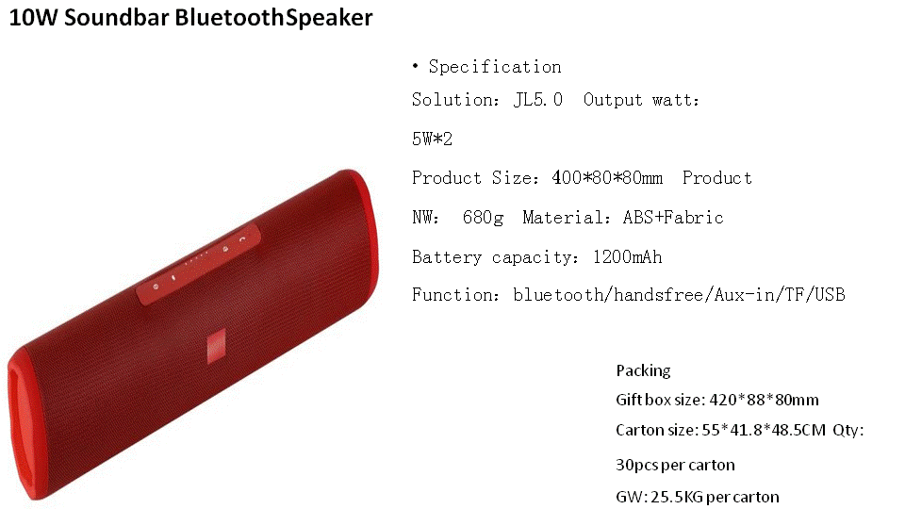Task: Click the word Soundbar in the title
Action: pos(119,17)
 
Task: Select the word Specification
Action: pos(495,67)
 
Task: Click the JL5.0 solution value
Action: pos(538,99)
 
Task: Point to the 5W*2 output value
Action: pos(433,139)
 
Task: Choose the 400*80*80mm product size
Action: pos(607,177)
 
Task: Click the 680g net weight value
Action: pos(483,218)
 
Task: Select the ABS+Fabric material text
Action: pos(673,217)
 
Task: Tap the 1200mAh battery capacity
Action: pos(628,256)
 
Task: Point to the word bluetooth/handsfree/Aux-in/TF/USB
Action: pos(680,295)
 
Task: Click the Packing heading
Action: pos(643,370)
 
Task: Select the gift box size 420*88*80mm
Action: pos(764,400)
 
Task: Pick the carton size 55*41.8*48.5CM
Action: pos(764,430)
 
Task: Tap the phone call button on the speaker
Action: pos(242,238)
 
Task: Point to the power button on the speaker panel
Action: pos(156,287)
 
